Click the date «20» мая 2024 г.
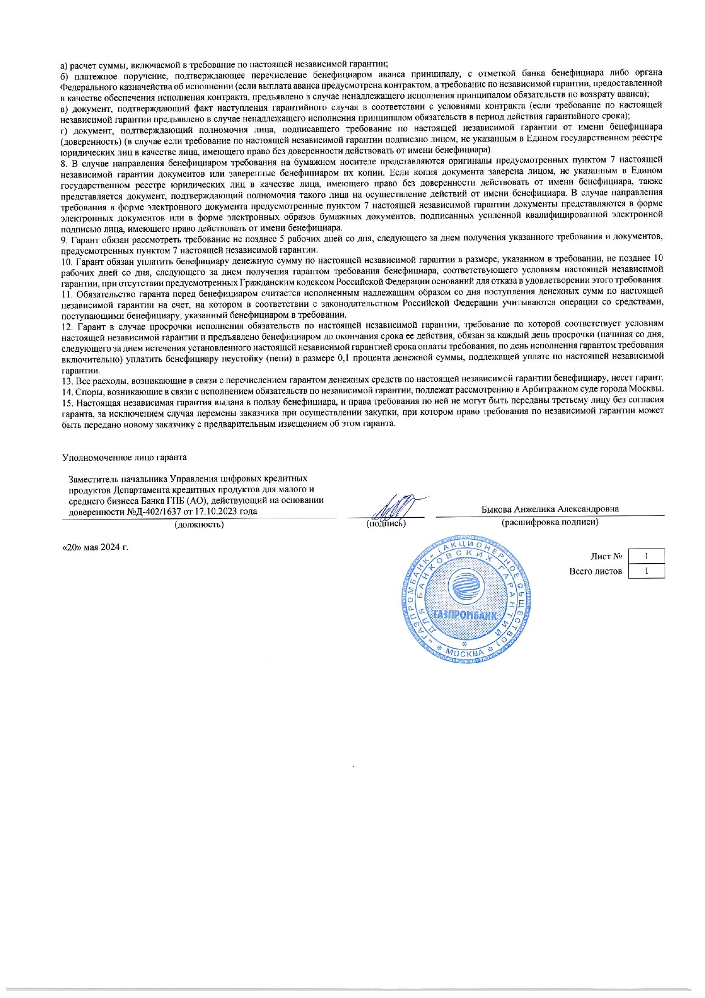point(95,547)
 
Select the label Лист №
point(606,556)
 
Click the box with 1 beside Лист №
point(646,556)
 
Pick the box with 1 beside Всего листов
point(646,571)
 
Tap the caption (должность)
point(199,524)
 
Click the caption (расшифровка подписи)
point(549,522)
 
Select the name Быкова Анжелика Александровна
point(550,509)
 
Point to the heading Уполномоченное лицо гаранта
point(124,457)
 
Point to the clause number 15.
point(65,400)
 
